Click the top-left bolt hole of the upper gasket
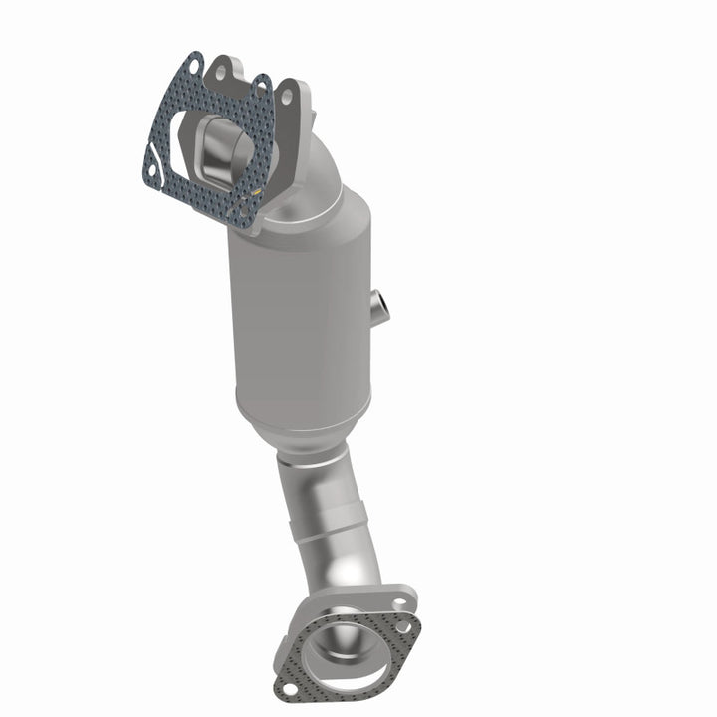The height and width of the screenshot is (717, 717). pos(192,65)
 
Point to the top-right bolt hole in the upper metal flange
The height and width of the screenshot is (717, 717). pos(287,97)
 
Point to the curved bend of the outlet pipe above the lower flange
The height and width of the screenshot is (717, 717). pos(358,568)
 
